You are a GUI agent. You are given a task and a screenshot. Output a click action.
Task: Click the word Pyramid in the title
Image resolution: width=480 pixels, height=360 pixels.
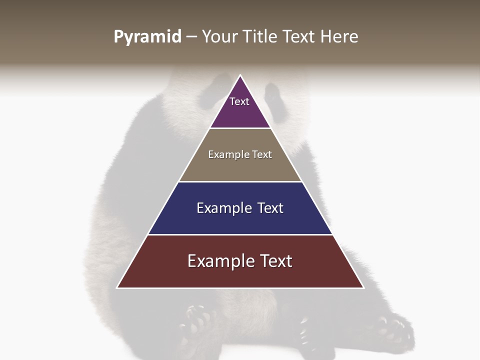click(x=147, y=37)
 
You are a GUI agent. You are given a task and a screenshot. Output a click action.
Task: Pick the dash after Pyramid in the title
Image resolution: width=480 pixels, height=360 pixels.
click(x=191, y=37)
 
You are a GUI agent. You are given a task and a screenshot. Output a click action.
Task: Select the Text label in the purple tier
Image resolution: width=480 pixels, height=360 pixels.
click(x=239, y=101)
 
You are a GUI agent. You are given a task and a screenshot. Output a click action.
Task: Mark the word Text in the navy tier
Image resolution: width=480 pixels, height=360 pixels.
click(x=270, y=208)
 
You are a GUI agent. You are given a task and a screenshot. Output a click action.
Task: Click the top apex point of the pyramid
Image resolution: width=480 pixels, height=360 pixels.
click(x=240, y=75)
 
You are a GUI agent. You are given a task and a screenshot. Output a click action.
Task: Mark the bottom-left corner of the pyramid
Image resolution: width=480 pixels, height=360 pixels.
click(x=117, y=287)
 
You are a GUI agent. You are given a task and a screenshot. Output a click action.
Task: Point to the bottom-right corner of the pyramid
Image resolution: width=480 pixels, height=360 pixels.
click(x=363, y=287)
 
